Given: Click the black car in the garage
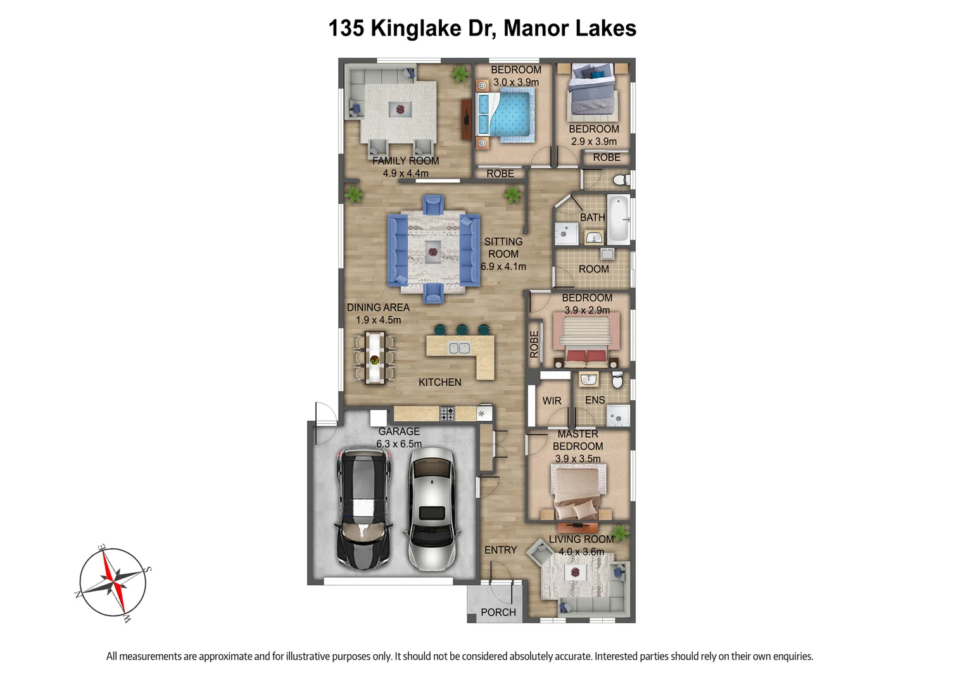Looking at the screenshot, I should click(x=365, y=508).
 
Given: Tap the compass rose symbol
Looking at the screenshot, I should click(x=113, y=582).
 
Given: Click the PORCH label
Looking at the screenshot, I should click(x=498, y=612).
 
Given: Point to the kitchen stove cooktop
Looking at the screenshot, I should click(x=447, y=414).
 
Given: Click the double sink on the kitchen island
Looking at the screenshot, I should click(x=459, y=348).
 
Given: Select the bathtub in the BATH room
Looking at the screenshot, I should click(x=619, y=219).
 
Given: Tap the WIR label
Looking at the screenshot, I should click(x=552, y=401).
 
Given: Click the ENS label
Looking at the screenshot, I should click(x=595, y=400).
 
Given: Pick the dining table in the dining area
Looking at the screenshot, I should click(x=374, y=358).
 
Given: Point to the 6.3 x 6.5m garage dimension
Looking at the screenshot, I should click(x=399, y=444).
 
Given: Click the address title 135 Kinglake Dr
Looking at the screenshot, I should click(x=482, y=28).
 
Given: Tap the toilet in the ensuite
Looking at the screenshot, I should click(x=618, y=380).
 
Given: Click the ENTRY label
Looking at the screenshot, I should click(x=500, y=550).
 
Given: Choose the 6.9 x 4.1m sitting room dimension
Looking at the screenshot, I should click(x=503, y=267).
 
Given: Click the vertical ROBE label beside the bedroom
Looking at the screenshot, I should click(x=534, y=344).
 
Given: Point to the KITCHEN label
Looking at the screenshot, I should click(x=439, y=383).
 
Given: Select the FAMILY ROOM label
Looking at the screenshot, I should click(x=405, y=161).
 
